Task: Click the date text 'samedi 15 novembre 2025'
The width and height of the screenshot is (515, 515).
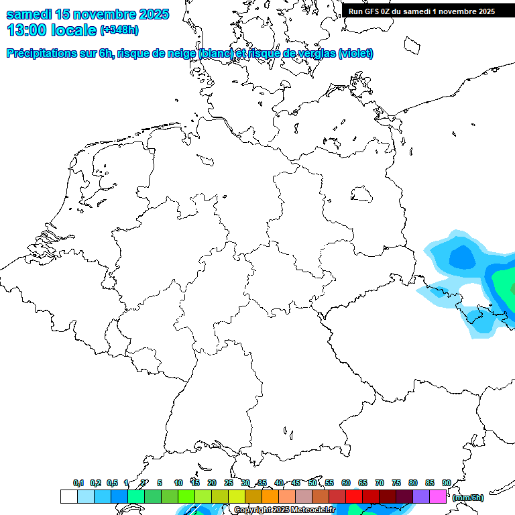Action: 87,13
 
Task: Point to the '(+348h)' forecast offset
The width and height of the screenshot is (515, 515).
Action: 119,31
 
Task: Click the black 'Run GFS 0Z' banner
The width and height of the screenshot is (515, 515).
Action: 422,11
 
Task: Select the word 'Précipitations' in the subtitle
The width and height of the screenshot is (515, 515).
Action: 40,54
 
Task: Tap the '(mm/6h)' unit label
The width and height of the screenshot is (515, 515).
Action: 468,498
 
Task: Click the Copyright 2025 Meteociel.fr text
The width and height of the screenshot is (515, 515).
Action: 284,510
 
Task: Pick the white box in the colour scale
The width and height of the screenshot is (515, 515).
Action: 68,497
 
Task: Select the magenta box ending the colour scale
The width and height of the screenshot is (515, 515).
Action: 438,497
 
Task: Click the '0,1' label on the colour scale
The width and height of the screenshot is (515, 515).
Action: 78,483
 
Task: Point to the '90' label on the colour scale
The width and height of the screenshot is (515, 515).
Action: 447,483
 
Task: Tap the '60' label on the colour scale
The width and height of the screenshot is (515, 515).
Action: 346,483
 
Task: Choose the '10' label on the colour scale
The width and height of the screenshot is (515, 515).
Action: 178,483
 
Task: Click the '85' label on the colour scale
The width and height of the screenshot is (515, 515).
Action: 430,483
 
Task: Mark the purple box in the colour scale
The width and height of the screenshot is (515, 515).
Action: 421,497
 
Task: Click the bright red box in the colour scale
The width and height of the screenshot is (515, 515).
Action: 354,497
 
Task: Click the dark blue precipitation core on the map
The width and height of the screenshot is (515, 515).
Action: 461,256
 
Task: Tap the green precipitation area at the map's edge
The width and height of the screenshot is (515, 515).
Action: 504,285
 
